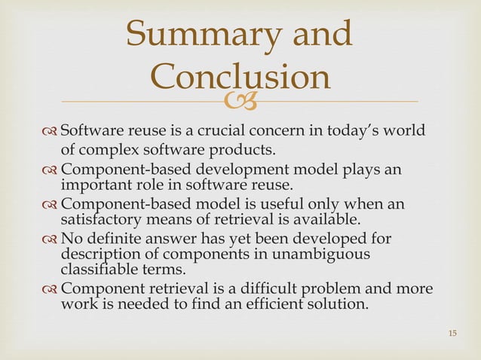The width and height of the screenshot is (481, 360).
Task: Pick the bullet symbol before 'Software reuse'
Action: click(50, 127)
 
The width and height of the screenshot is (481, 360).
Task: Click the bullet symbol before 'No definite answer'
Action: click(50, 241)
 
